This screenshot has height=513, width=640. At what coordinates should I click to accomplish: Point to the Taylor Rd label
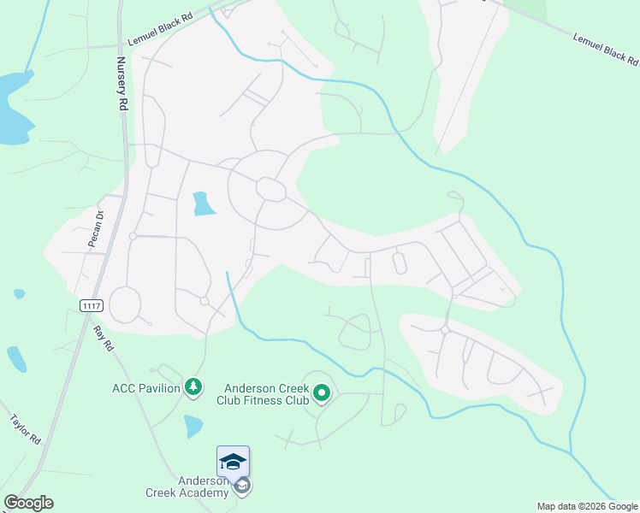click(27, 430)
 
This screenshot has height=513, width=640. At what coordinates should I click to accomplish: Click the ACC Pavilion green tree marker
click(194, 388)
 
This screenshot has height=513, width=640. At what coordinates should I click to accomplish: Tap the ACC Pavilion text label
click(145, 388)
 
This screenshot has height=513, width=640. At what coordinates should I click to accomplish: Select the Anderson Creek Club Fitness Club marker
click(322, 393)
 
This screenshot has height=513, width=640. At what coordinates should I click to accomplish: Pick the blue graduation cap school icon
click(233, 463)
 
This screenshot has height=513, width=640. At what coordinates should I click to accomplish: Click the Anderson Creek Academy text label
click(203, 486)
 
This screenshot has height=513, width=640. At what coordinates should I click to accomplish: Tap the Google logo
click(28, 503)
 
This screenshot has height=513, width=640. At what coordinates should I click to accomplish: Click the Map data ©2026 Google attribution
click(587, 506)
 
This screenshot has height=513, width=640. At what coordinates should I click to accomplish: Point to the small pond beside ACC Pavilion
click(194, 426)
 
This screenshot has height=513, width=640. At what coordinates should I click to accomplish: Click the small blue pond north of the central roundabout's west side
click(203, 203)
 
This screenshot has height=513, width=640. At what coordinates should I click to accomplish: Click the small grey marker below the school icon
click(243, 486)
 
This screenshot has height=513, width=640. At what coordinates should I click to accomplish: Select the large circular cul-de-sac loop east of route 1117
click(125, 304)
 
